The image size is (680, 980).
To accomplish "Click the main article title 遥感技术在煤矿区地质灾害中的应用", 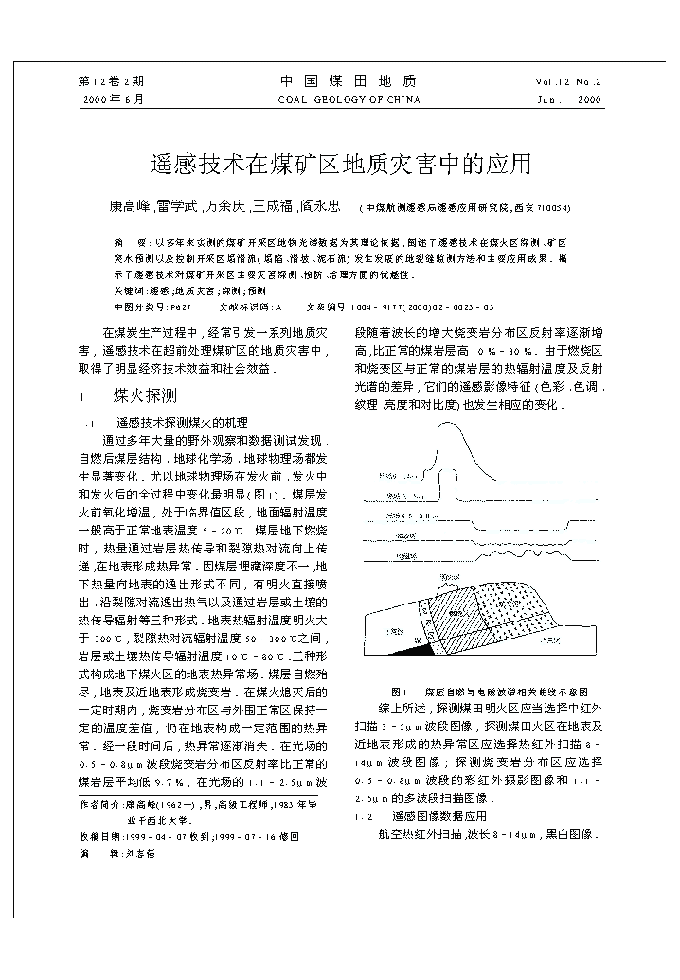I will pos(341,165).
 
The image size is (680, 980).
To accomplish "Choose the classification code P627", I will pos(181,307).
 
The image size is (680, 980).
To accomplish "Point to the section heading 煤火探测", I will pos(145,396).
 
